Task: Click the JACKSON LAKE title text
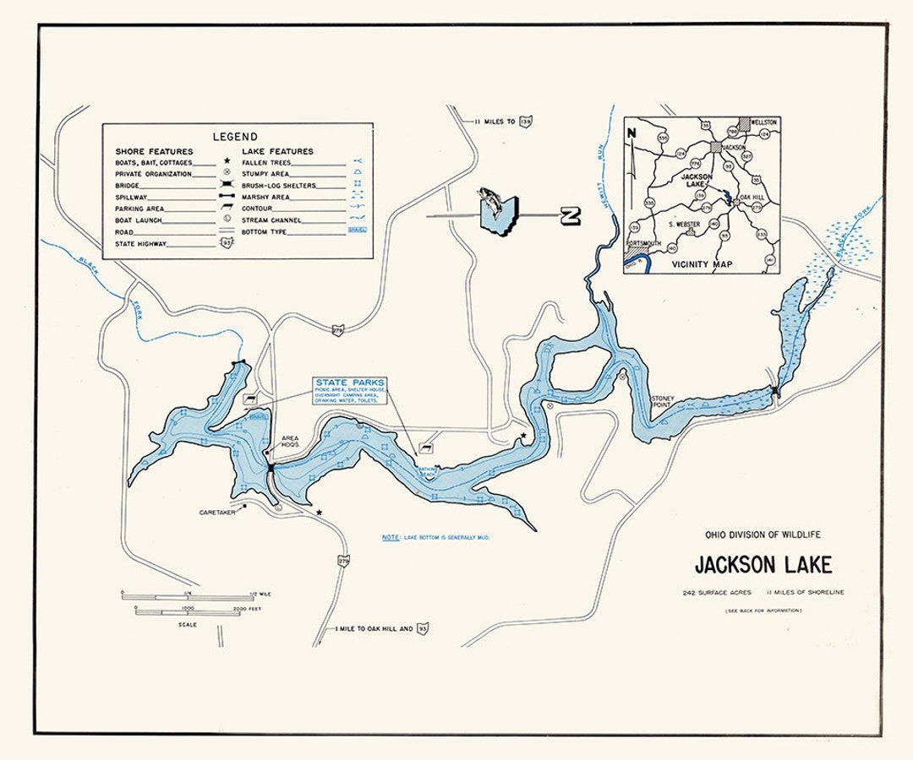click(x=763, y=565)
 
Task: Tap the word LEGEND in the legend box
click(x=235, y=136)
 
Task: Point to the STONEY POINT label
click(x=661, y=401)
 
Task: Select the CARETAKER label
click(x=216, y=512)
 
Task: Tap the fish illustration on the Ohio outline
click(x=490, y=203)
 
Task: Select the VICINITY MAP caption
click(x=702, y=264)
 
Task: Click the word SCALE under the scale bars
click(x=188, y=625)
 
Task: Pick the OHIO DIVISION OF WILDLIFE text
click(x=763, y=535)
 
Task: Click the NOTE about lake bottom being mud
click(x=435, y=537)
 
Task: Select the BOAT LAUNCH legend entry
click(x=139, y=220)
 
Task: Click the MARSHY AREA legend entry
click(x=265, y=197)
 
